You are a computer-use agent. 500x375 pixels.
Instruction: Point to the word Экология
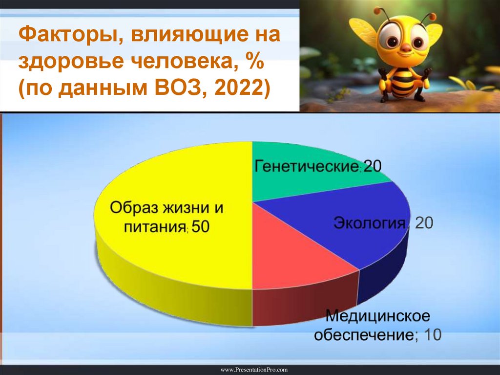point(370,223)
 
